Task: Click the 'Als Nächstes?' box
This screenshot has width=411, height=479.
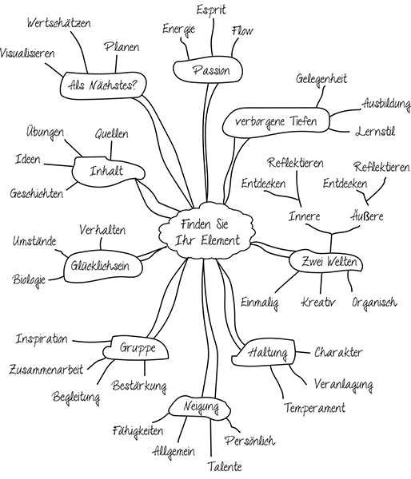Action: (x=99, y=81)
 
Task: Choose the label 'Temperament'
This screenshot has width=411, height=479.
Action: (x=314, y=408)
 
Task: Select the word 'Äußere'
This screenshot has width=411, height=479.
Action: (x=369, y=216)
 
